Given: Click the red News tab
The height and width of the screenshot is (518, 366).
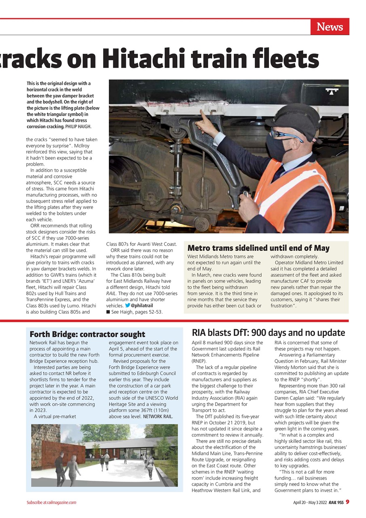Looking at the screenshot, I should tap(330, 27).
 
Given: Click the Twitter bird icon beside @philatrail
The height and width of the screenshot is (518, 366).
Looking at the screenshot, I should tap(127, 306).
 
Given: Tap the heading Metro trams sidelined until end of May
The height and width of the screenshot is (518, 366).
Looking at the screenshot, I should tap(258, 248).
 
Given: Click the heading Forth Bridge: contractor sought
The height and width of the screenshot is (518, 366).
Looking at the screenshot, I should tap(87, 334).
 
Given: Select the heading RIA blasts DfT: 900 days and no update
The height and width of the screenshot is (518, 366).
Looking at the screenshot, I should tap(268, 333).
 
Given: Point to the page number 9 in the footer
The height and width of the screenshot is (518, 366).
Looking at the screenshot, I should tap(347, 502).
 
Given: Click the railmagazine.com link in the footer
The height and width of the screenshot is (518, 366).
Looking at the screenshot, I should tap(61, 503).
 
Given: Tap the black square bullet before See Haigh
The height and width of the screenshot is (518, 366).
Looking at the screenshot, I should tap(108, 312).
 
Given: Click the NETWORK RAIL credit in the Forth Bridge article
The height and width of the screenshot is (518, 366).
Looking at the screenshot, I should tap(158, 416).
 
